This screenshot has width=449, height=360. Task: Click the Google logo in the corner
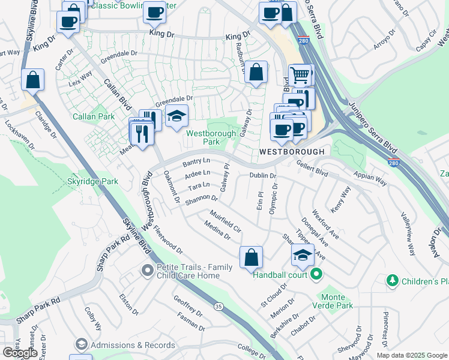click(20, 353)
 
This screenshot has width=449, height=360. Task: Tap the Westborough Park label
click(203, 137)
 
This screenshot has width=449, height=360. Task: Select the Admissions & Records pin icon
click(81, 344)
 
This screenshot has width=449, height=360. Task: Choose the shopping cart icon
click(300, 75)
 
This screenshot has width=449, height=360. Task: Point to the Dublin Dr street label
click(263, 176)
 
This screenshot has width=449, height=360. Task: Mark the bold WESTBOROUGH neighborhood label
click(291, 152)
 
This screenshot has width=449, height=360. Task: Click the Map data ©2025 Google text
click(411, 355)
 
